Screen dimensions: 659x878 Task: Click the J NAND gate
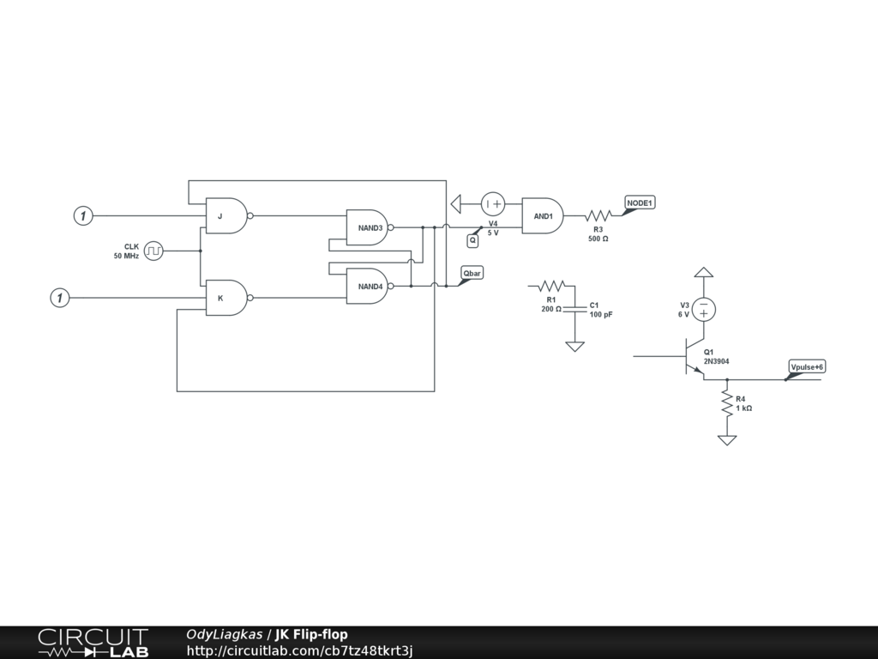pos(226,216)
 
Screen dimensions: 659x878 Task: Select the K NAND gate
pos(226,298)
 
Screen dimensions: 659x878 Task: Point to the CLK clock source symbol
pos(153,251)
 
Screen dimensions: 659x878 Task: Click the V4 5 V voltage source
pos(493,204)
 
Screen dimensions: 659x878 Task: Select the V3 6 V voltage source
pos(704,309)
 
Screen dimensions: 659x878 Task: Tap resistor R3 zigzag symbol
pos(598,216)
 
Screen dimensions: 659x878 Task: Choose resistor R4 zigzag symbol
pos(727,403)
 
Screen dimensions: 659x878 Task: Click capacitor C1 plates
pos(575,306)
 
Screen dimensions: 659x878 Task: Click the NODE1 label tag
pos(639,203)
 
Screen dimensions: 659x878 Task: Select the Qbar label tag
pos(472,274)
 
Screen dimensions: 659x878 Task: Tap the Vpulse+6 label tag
pos(806,367)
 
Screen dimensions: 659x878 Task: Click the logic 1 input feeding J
pos(82,216)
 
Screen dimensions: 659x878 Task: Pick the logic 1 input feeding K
pos(59,298)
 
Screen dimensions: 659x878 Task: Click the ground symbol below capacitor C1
pos(575,346)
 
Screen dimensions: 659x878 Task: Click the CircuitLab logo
pos(93,643)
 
